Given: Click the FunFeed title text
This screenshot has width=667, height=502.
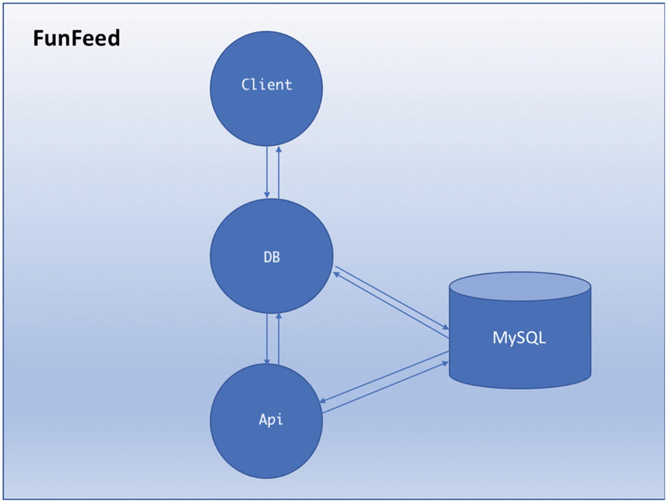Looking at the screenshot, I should tap(76, 38).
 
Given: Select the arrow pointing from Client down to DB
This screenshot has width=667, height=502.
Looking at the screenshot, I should tap(267, 173).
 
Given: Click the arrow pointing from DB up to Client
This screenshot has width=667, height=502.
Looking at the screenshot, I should tap(278, 173).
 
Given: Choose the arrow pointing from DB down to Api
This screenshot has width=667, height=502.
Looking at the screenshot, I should tap(267, 338).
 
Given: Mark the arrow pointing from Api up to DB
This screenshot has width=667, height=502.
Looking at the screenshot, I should tap(278, 338).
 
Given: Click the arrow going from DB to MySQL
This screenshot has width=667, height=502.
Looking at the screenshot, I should tap(392, 298).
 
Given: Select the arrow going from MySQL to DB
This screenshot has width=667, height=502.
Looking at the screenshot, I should tap(391, 306).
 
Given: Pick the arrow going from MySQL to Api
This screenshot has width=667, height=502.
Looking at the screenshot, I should tap(384, 377).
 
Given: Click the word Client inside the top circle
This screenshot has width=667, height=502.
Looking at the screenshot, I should tap(266, 85).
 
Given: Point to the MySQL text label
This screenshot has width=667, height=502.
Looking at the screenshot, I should tap(519, 338).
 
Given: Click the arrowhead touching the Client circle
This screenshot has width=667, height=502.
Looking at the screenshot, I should tap(278, 150).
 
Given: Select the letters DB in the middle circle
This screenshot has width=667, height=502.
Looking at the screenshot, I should tap(272, 257).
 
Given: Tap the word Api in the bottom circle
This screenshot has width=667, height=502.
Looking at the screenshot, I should tap(271, 419).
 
